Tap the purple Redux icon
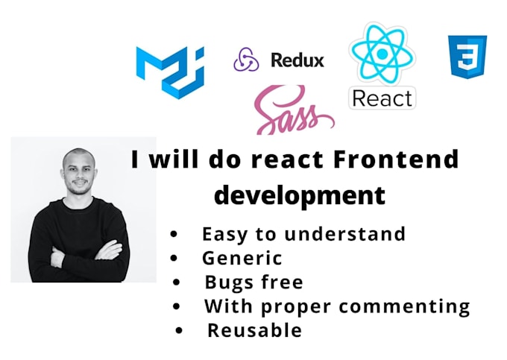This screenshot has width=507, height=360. click(245, 59)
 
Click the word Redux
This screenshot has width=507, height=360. click(297, 60)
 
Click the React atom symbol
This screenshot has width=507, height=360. click(382, 53)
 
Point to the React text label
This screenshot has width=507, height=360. click(382, 98)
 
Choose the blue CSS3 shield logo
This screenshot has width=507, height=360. click(467, 57)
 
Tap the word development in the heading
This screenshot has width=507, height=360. click(300, 195)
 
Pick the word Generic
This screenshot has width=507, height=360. click(242, 259)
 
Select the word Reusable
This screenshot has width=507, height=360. click(254, 330)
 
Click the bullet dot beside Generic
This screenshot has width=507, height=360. click(174, 259)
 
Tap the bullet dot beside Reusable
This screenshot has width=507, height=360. click(179, 330)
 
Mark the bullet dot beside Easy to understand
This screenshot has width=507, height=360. click(174, 234)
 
